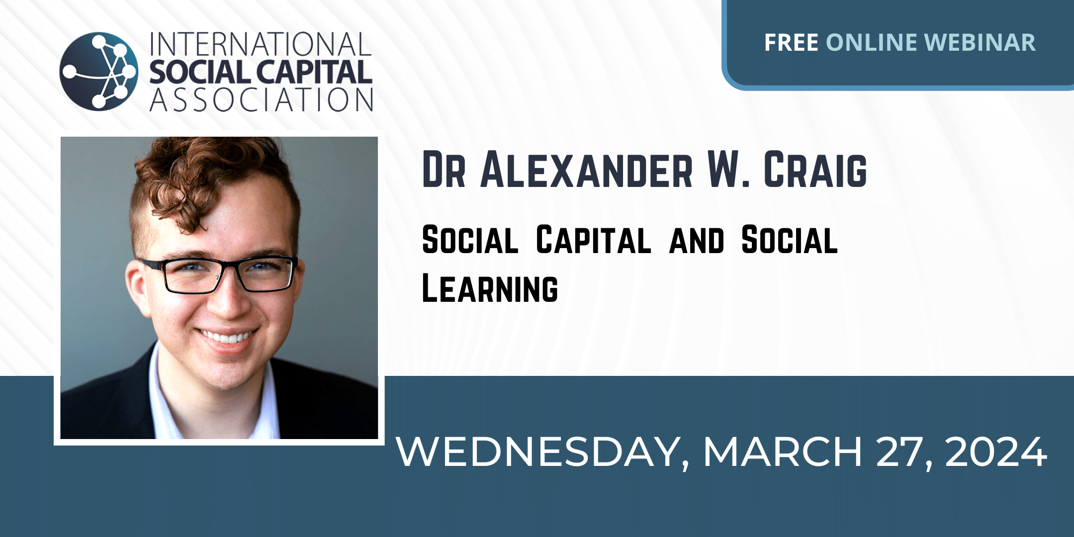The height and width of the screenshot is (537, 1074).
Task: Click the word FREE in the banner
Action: (x=791, y=43)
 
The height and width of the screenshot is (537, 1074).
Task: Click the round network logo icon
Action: (x=99, y=71)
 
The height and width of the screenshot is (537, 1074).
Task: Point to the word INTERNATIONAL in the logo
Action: (x=261, y=45)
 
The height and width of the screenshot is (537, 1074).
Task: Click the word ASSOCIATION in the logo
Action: (x=262, y=99)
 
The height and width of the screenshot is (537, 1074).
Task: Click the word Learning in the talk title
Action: (x=490, y=288)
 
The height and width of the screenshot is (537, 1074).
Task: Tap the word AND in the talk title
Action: (x=696, y=241)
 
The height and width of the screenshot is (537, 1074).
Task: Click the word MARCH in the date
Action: (x=782, y=451)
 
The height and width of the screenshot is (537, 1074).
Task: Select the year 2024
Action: (x=996, y=451)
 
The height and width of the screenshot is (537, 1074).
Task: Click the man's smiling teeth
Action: (x=228, y=338)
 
